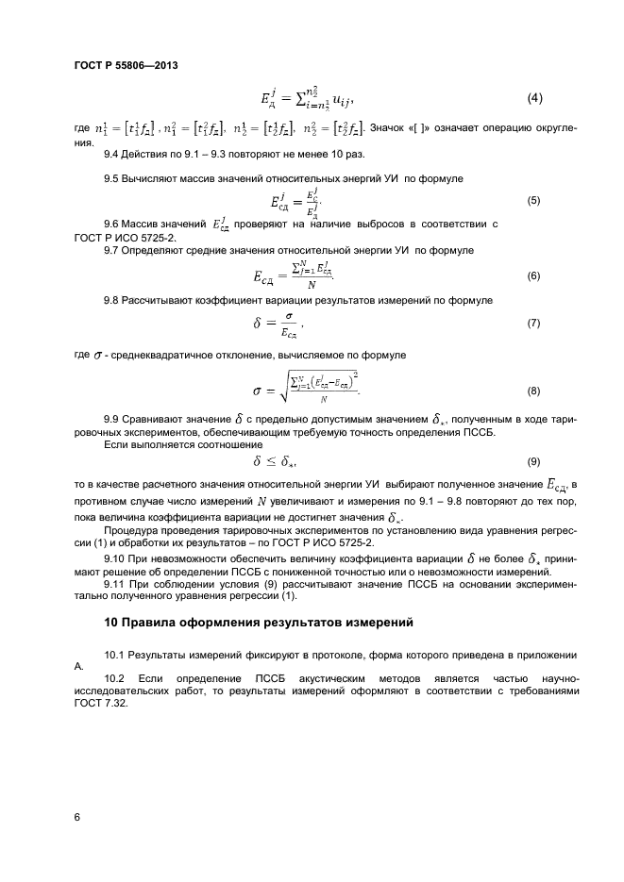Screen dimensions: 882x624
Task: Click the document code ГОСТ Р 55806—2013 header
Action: click(125, 65)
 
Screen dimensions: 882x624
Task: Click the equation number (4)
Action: click(533, 98)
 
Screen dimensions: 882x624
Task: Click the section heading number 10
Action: click(111, 622)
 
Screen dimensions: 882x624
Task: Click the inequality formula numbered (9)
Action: click(276, 461)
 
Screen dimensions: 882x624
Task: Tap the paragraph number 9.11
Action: click(116, 584)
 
